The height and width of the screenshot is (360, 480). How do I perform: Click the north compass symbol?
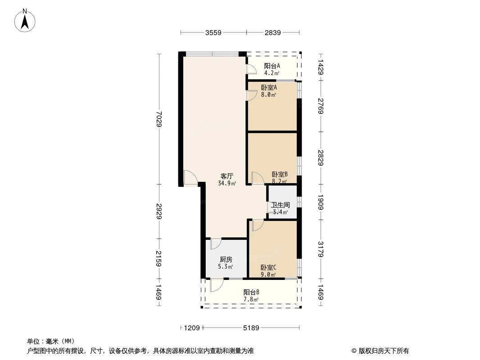[x=26, y=20]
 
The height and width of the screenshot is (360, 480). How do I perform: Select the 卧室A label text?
[x=269, y=87]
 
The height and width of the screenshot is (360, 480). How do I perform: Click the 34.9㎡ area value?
[x=227, y=183]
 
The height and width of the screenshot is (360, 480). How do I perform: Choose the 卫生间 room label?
[x=281, y=205]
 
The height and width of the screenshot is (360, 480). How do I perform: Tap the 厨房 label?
[x=226, y=259]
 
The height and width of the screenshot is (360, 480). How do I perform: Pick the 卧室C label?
[x=268, y=267]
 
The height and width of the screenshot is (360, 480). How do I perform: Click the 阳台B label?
[x=251, y=292]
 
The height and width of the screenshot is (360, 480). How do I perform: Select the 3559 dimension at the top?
[x=213, y=32]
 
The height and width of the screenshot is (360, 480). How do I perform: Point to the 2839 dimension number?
[x=273, y=32]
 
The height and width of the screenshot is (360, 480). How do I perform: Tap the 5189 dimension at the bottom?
[x=251, y=328]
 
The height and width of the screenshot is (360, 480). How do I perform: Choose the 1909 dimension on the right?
[x=321, y=202]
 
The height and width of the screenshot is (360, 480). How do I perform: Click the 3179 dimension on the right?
[x=321, y=249]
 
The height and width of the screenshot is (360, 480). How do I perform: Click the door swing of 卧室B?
[x=257, y=178]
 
